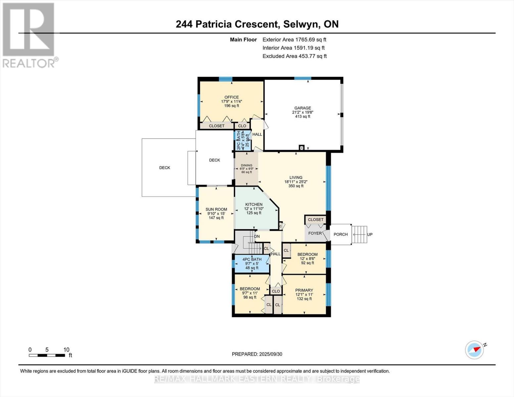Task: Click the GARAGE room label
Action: coord(303,108)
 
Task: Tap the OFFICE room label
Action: coord(231,97)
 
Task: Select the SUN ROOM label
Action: coord(216,209)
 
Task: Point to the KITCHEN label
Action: coord(254,204)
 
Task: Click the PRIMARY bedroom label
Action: coord(304,290)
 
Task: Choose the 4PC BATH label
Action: coord(252,259)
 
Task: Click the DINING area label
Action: coord(247,165)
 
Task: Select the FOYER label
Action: coord(315,233)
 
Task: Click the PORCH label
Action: coord(341,234)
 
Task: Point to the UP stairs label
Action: coord(370,234)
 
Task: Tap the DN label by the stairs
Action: coord(257,236)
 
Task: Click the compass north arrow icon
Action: coord(475,350)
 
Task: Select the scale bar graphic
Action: coord(47,355)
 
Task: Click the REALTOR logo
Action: coord(28,35)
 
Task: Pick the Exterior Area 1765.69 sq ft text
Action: coord(294,39)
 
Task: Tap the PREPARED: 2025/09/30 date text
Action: coord(257,354)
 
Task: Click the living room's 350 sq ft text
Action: coord(296,186)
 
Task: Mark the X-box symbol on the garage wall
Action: coord(302,148)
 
